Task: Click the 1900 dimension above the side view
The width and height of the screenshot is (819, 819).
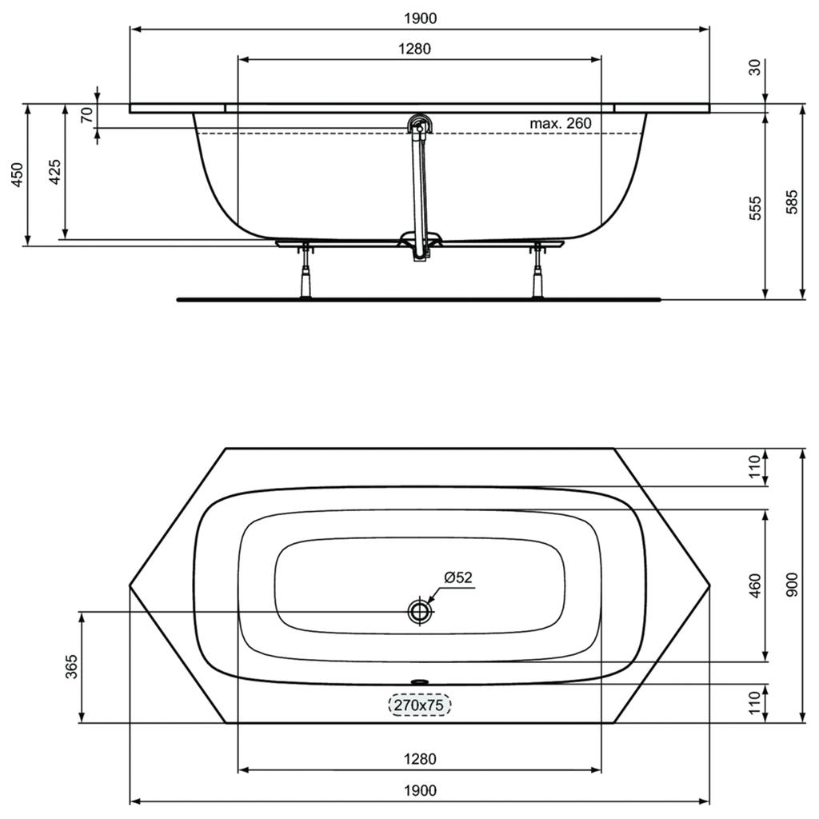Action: click(420, 18)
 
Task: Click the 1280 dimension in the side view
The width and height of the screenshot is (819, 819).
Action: click(415, 49)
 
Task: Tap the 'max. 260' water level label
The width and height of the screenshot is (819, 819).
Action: click(561, 124)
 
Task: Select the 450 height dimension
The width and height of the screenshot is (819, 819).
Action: click(18, 175)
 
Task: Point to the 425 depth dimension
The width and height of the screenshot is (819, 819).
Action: click(55, 171)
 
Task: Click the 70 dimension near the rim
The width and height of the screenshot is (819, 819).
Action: click(87, 114)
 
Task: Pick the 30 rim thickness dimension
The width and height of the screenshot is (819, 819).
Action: click(755, 67)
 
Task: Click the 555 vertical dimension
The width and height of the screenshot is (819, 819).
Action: click(755, 208)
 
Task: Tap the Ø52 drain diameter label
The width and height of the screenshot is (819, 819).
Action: click(458, 577)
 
